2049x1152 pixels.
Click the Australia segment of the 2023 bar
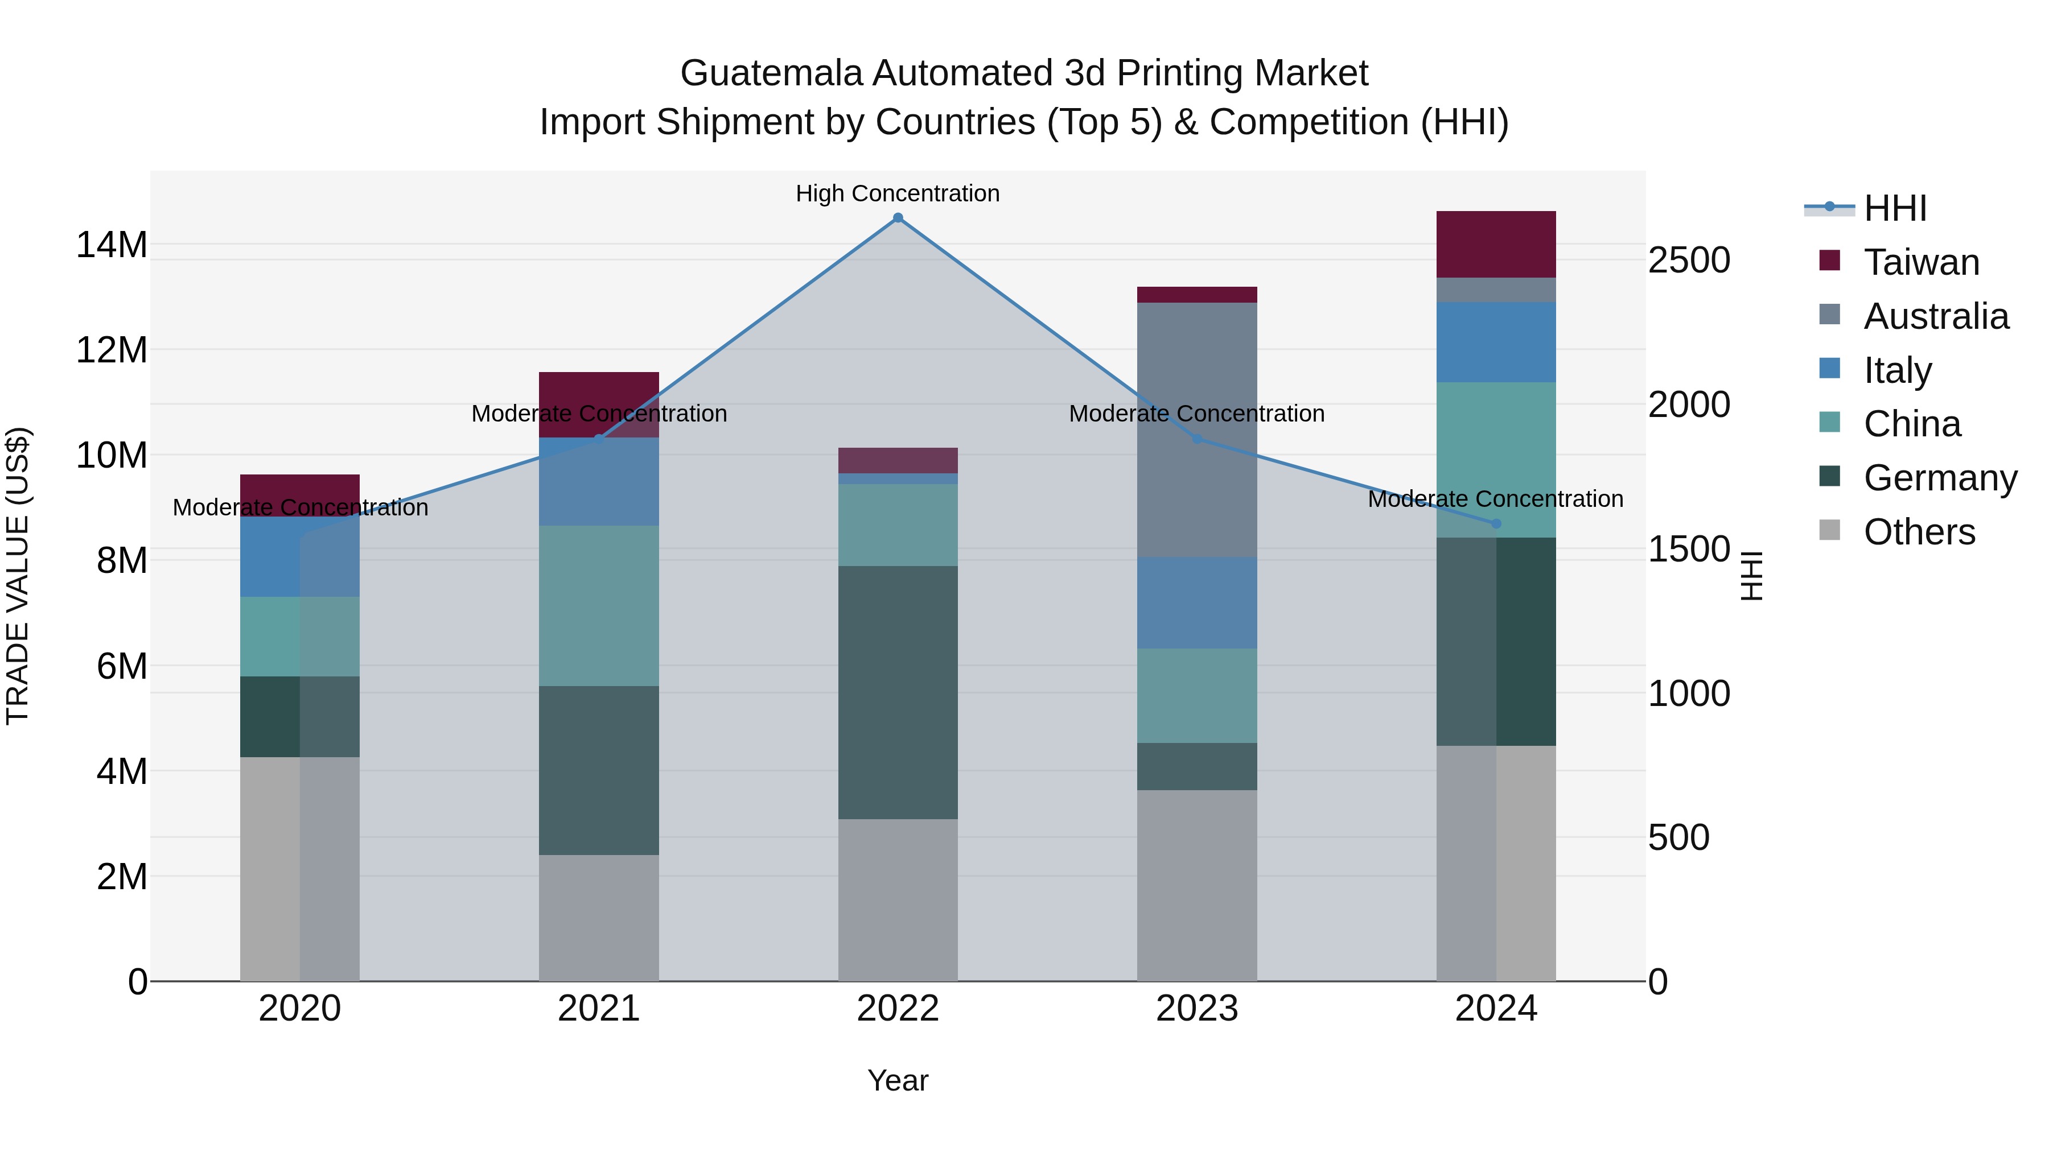point(1196,430)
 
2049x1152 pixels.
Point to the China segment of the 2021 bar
point(598,605)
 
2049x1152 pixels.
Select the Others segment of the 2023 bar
point(1196,885)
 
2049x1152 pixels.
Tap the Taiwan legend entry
point(1920,262)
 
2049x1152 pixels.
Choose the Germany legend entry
point(1939,478)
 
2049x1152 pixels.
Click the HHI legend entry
point(1895,208)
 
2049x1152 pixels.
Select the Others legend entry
point(1919,532)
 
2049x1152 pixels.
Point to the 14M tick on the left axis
point(112,245)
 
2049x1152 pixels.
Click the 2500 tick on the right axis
point(1689,261)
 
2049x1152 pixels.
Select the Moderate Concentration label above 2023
point(1196,414)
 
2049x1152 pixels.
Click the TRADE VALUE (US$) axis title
point(18,576)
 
